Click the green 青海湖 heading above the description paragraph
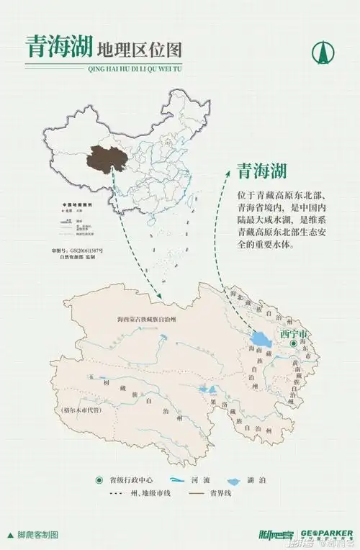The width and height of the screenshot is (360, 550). (x=262, y=171)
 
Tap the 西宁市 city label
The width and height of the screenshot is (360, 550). (x=294, y=334)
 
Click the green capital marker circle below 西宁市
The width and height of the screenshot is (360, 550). (x=293, y=345)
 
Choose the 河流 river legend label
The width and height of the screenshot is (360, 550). (x=202, y=480)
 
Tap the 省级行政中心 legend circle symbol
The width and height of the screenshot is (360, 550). (x=99, y=480)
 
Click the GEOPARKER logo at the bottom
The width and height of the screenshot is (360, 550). (x=328, y=533)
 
